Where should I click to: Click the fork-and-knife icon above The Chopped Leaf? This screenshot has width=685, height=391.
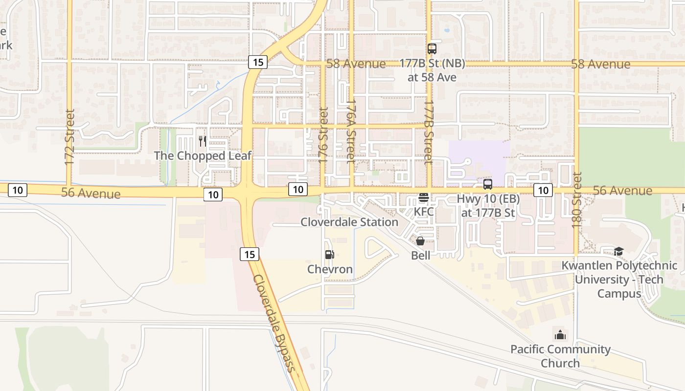click(202, 141)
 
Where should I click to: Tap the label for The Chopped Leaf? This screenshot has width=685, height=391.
click(203, 156)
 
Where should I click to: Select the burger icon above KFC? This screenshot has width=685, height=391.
click(424, 198)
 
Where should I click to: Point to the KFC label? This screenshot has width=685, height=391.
click(424, 212)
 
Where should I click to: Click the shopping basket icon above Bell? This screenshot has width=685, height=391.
click(420, 241)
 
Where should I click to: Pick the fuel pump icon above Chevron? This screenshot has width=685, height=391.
click(330, 255)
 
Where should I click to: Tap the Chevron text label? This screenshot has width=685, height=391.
click(330, 269)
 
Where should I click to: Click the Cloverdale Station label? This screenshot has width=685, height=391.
click(349, 222)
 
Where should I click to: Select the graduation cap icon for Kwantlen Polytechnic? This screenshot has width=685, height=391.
click(619, 252)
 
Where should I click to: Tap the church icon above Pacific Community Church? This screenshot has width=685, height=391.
click(560, 335)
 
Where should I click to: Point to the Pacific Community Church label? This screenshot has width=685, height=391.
click(561, 356)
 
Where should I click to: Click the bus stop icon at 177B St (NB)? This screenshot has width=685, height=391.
click(432, 49)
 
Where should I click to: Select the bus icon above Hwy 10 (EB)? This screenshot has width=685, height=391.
click(488, 184)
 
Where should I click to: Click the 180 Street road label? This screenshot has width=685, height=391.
click(577, 200)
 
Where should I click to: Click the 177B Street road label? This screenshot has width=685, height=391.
click(429, 132)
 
